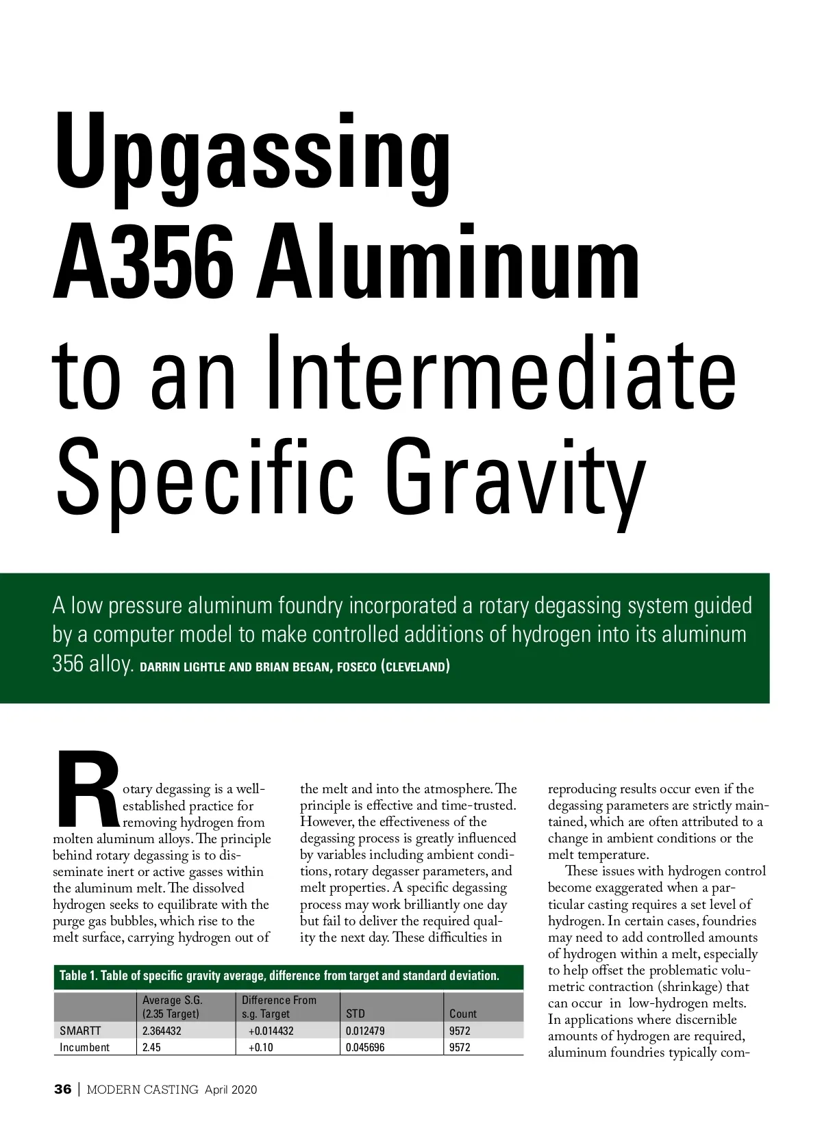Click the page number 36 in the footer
click(62, 1090)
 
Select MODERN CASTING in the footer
click(142, 1090)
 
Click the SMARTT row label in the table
click(80, 1031)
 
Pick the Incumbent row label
click(84, 1047)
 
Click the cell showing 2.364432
click(162, 1031)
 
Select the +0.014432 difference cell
click(271, 1031)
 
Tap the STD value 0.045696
click(365, 1047)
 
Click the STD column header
click(356, 1014)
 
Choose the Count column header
click(463, 1014)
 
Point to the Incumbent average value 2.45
click(151, 1047)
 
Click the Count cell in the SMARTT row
click(460, 1031)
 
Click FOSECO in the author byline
click(351, 667)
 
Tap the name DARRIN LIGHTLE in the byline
click(182, 667)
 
